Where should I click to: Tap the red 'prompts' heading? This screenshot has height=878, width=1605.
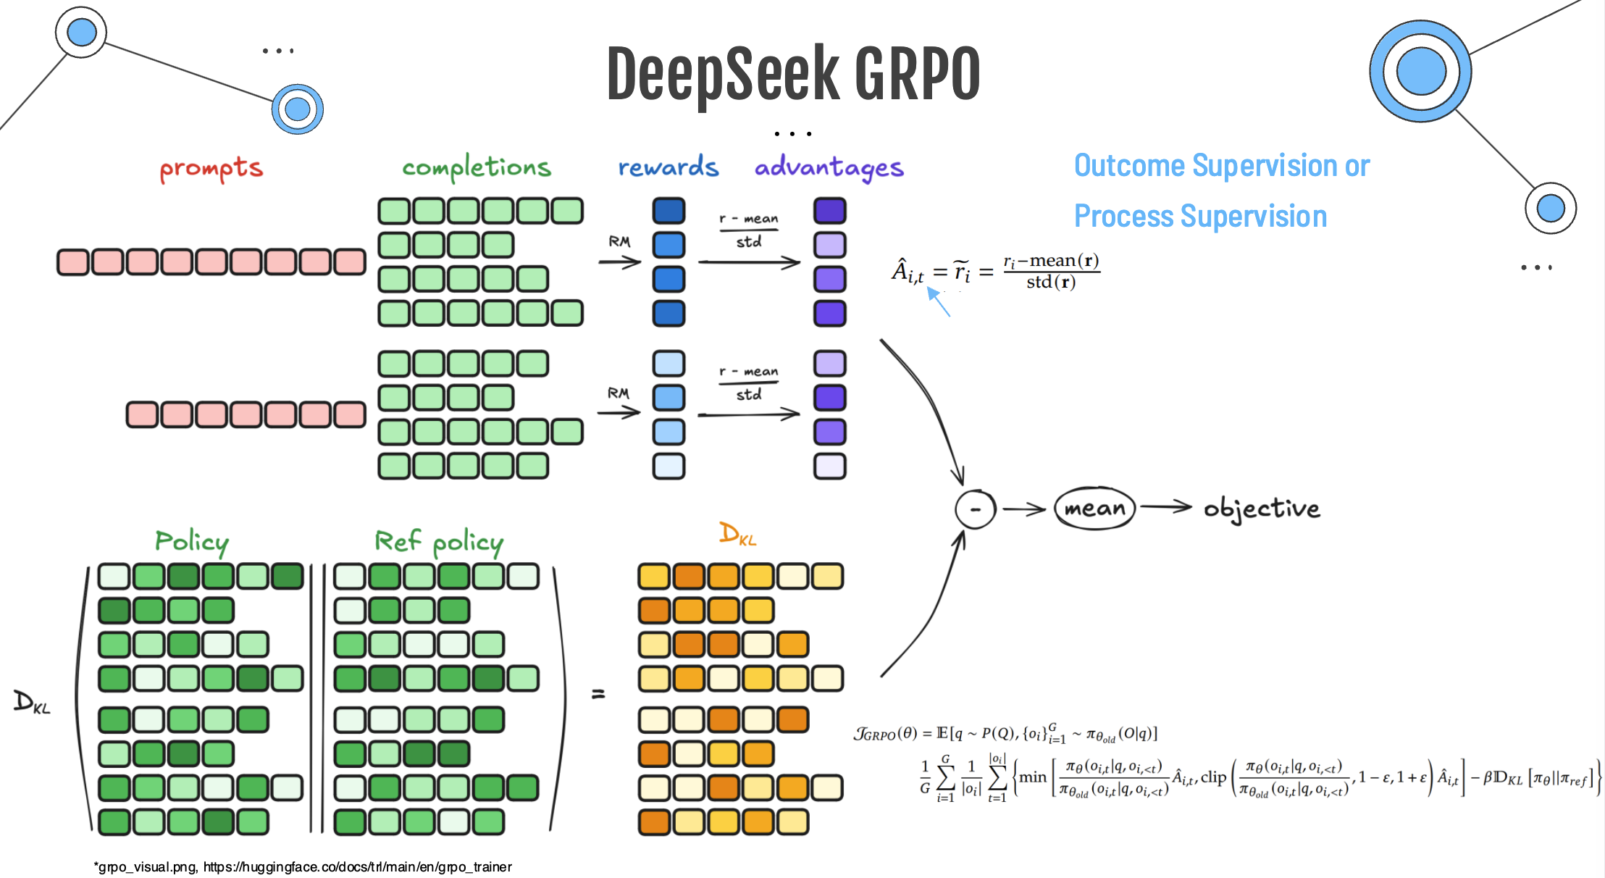point(211,169)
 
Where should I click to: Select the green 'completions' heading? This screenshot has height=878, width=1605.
point(477,167)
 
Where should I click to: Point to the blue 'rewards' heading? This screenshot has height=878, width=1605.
point(668,167)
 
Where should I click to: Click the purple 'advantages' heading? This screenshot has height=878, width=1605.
point(829,167)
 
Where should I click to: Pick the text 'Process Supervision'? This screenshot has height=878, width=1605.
point(1200,216)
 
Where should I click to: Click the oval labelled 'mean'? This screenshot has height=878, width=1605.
point(1094,509)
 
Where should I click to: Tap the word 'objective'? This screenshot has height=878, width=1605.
point(1262,509)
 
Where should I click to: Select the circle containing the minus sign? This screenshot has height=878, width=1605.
point(976,509)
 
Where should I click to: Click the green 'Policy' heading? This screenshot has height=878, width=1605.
point(192,541)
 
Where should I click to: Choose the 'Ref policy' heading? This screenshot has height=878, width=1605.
point(439,541)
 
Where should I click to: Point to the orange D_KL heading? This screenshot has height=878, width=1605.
point(737,534)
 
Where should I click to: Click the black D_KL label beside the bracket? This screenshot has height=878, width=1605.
point(32,702)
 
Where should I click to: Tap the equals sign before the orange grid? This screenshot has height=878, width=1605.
point(598,694)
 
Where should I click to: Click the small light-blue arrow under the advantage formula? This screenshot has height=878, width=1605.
point(939,302)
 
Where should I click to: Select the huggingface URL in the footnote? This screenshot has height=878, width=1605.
point(357,867)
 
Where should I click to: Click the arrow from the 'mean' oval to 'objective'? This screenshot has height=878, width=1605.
point(1165,507)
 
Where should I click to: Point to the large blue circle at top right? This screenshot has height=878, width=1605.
point(1420,71)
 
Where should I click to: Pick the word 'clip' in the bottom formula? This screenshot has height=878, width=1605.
point(1213,777)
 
